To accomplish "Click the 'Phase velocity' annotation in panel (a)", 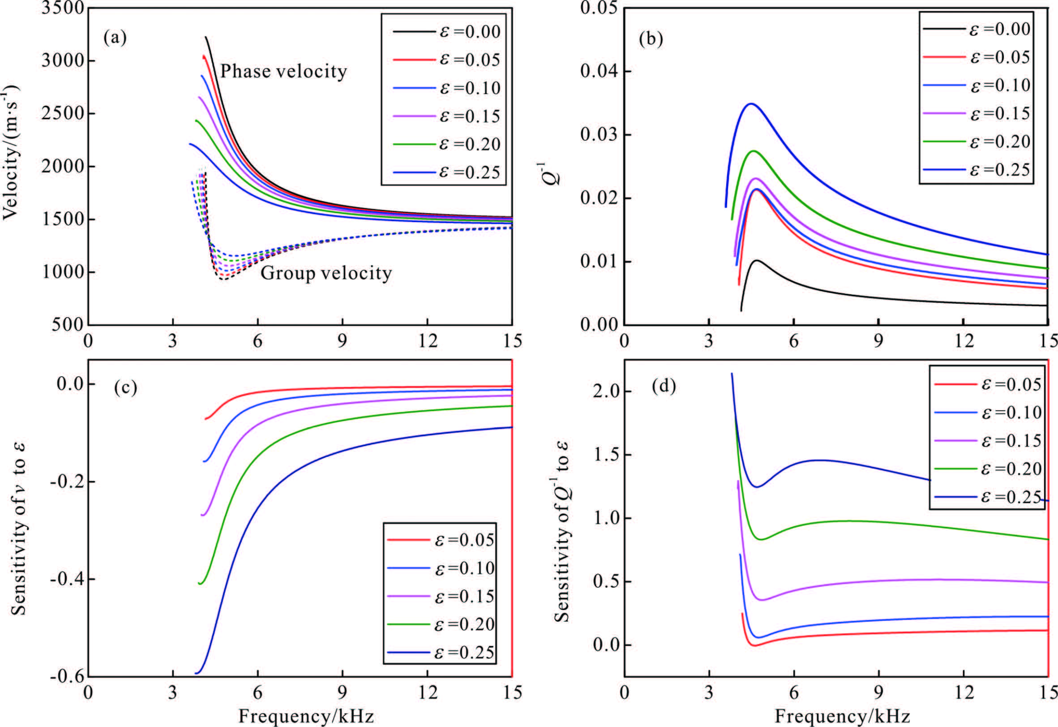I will (283, 72).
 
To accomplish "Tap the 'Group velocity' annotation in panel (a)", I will (326, 273).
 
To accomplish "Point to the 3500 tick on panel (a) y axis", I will (62, 8).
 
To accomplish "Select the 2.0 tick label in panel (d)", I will (605, 391).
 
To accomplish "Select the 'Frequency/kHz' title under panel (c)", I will (306, 716).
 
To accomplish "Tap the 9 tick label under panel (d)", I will (878, 692).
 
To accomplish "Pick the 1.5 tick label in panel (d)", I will (605, 455).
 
